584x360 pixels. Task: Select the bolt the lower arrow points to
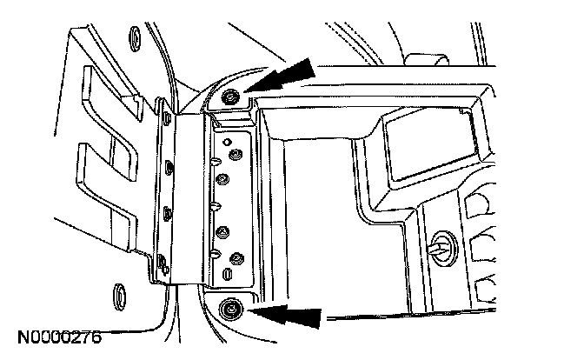pos(231,307)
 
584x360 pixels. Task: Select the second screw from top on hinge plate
pos(222,180)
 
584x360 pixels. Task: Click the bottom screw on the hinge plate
pos(236,257)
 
